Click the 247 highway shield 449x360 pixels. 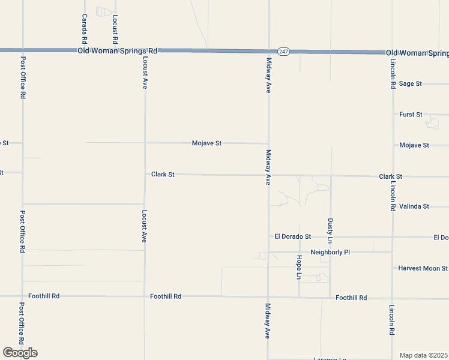pyautogui.click(x=284, y=52)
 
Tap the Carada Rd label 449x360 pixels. pyautogui.click(x=85, y=29)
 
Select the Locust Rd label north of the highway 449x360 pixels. pyautogui.click(x=115, y=29)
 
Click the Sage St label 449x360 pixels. pyautogui.click(x=411, y=84)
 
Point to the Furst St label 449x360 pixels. pyautogui.click(x=411, y=114)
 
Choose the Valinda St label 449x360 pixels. pyautogui.click(x=414, y=206)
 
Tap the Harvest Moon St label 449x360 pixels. pyautogui.click(x=423, y=268)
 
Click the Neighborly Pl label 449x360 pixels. pyautogui.click(x=330, y=253)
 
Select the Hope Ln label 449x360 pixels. pyautogui.click(x=299, y=267)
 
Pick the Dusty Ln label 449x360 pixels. pyautogui.click(x=330, y=231)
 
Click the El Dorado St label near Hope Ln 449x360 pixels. pyautogui.click(x=292, y=237)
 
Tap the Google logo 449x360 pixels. pyautogui.click(x=20, y=353)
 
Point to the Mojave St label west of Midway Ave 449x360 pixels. pyautogui.click(x=206, y=143)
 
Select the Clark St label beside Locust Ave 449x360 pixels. pyautogui.click(x=163, y=175)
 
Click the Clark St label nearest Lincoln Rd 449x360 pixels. pyautogui.click(x=390, y=177)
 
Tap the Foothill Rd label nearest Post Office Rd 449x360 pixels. pyautogui.click(x=44, y=296)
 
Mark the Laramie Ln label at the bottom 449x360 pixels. pyautogui.click(x=330, y=359)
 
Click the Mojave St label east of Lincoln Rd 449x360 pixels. pyautogui.click(x=414, y=145)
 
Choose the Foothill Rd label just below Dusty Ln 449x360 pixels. pyautogui.click(x=351, y=298)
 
